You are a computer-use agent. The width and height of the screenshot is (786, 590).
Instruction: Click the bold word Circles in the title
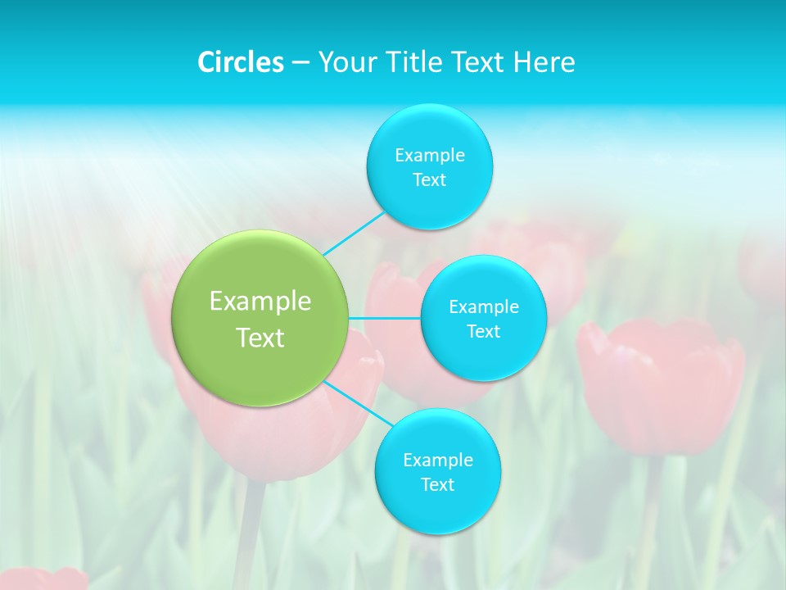pos(241,62)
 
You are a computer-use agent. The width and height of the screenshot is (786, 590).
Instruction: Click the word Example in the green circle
pos(260,302)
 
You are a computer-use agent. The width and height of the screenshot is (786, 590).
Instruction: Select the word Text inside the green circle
pos(260,338)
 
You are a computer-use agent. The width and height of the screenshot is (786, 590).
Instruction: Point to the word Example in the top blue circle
pos(430,155)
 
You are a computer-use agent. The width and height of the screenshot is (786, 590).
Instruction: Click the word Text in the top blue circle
pos(430,180)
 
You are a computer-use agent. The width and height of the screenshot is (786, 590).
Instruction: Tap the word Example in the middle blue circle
pos(484,307)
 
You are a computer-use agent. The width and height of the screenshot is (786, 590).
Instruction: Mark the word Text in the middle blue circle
pos(484,332)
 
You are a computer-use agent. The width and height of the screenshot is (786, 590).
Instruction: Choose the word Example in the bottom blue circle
pos(438,460)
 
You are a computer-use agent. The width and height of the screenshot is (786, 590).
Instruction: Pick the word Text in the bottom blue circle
pos(438,485)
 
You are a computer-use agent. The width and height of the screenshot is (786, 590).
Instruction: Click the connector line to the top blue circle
pos(354,234)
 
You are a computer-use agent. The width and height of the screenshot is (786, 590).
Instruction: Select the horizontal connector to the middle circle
pos(385,318)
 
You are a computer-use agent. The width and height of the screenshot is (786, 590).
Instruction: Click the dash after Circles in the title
pos(300,62)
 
